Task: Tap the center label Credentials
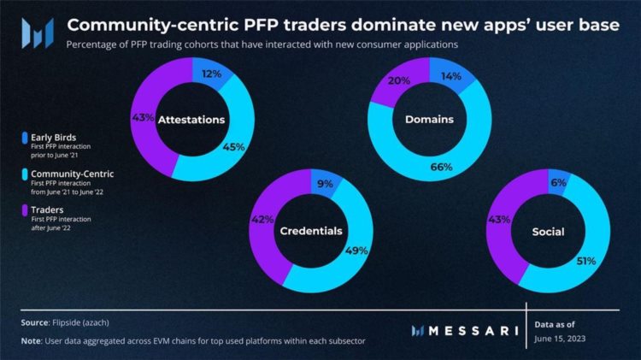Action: pyautogui.click(x=312, y=232)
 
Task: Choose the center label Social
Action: pyautogui.click(x=547, y=232)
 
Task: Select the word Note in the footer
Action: pyautogui.click(x=32, y=340)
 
